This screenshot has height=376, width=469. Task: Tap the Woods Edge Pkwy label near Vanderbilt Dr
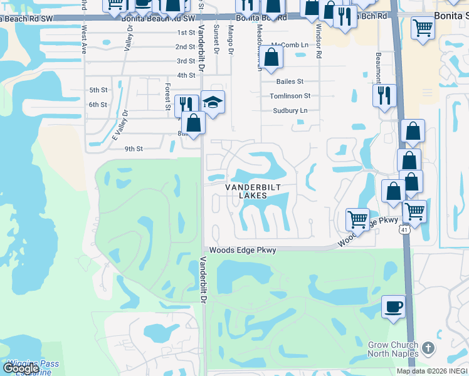(243, 250)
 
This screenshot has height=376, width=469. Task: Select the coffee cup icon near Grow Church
(393, 307)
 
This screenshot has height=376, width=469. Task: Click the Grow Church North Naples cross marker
(428, 348)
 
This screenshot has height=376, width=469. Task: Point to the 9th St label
(134, 149)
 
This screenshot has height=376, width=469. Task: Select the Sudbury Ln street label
(290, 110)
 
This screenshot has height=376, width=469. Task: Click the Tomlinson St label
(290, 96)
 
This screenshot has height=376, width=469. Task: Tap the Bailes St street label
(290, 81)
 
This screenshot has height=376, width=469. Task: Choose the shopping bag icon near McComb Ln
(271, 58)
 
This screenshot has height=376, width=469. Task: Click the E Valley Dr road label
(119, 125)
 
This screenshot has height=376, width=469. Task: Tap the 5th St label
(98, 90)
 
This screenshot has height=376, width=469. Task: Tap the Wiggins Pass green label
(25, 363)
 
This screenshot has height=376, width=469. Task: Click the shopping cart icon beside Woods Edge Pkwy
(357, 219)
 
